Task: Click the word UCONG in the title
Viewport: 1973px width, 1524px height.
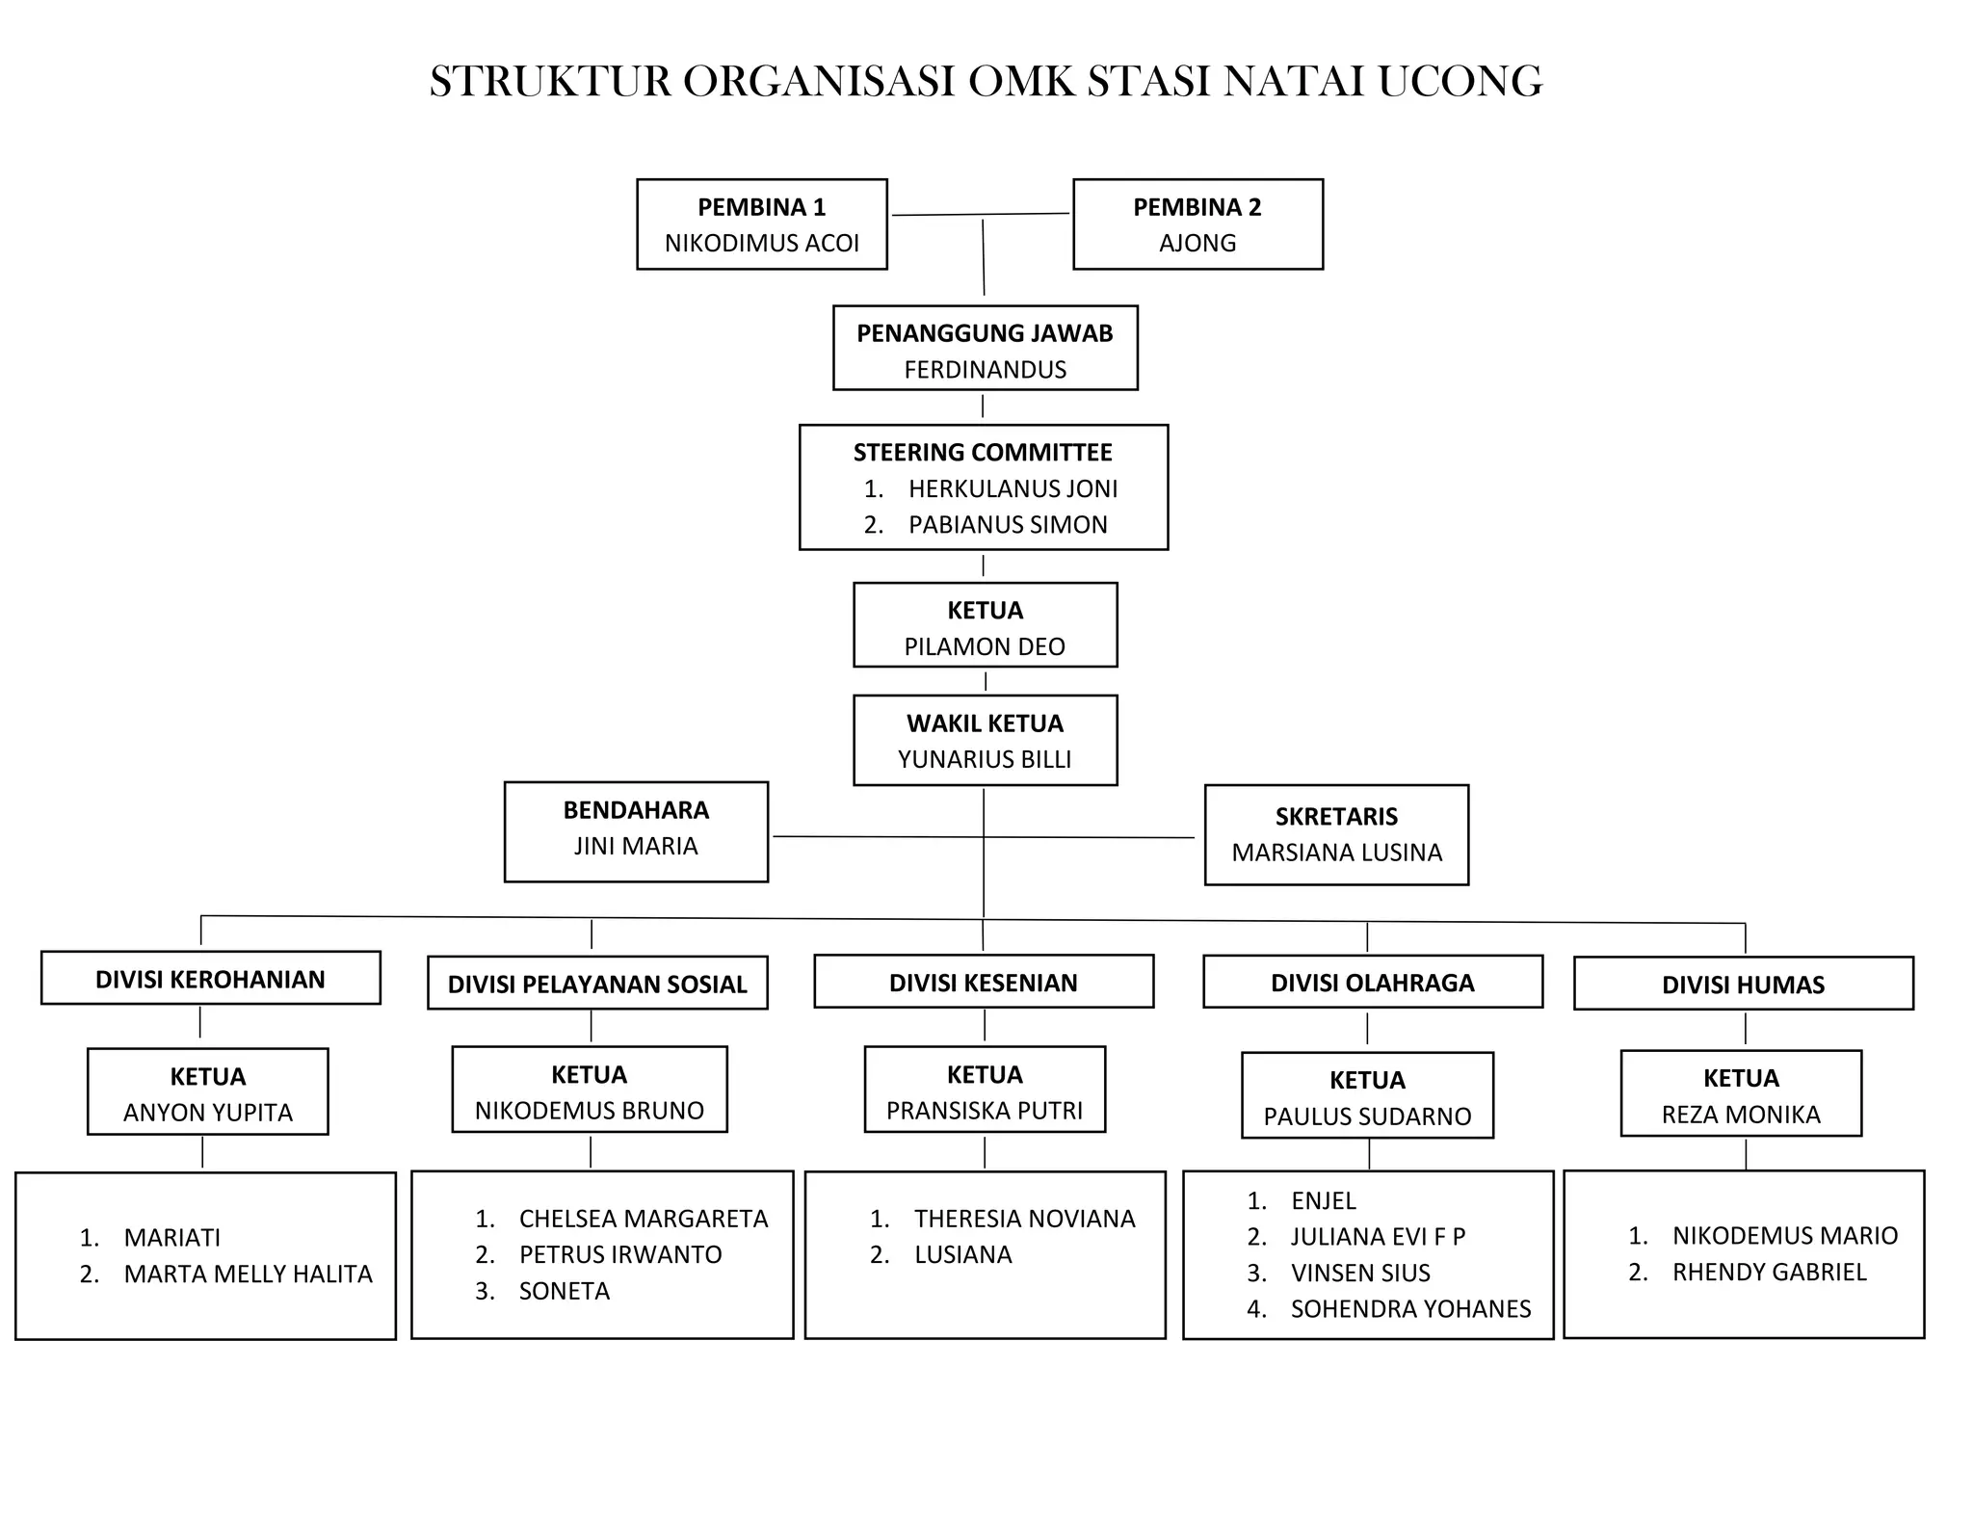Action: pyautogui.click(x=1460, y=82)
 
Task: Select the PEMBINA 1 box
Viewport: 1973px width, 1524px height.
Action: pyautogui.click(x=761, y=223)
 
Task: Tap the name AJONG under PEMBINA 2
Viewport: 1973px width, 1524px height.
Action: pyautogui.click(x=1197, y=243)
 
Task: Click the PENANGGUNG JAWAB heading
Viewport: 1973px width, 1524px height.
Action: pyautogui.click(x=985, y=333)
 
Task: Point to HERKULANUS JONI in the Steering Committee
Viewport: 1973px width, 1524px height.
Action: pyautogui.click(x=1013, y=488)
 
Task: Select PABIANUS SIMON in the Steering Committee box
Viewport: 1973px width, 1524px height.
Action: pyautogui.click(x=1008, y=525)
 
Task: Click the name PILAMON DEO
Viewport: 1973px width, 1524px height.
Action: pyautogui.click(x=985, y=646)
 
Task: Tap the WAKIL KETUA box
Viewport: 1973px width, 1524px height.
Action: pyautogui.click(x=985, y=740)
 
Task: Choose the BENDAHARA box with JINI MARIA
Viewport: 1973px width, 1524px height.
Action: pyautogui.click(x=636, y=830)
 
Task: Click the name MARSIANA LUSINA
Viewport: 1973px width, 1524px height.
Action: pyautogui.click(x=1336, y=853)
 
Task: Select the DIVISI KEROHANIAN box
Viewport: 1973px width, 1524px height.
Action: pyautogui.click(x=210, y=979)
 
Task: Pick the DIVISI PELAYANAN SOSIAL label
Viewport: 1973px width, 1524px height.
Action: pyautogui.click(x=597, y=984)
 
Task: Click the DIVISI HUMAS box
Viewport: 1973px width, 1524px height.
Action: pyautogui.click(x=1743, y=984)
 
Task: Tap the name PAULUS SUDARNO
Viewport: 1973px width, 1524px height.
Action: pyautogui.click(x=1367, y=1117)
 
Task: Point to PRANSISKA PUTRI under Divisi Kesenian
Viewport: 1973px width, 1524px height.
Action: pyautogui.click(x=985, y=1111)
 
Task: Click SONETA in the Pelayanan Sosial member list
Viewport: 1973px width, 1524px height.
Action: pyautogui.click(x=564, y=1291)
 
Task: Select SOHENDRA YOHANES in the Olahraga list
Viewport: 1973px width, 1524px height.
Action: pyautogui.click(x=1410, y=1309)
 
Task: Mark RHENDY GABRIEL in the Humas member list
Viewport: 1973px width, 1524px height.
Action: pyautogui.click(x=1769, y=1272)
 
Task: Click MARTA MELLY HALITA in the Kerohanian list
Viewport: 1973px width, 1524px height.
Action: pyautogui.click(x=248, y=1274)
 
